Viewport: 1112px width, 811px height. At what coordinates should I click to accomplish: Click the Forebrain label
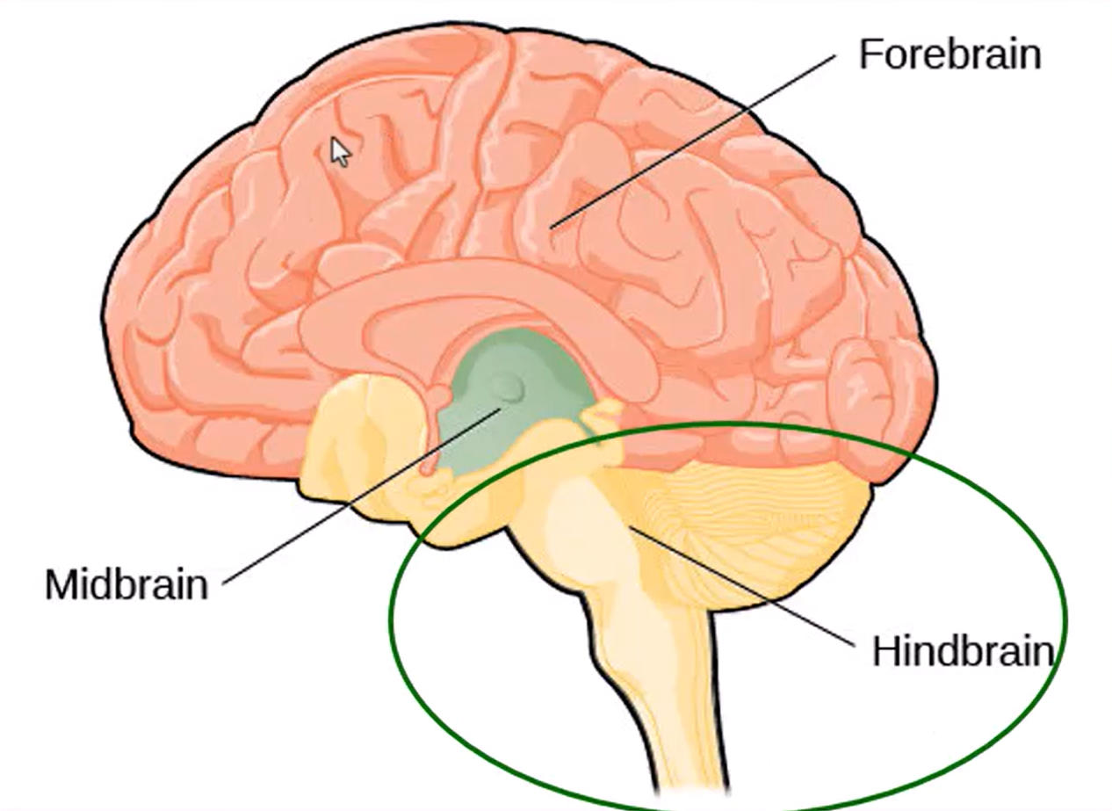(x=950, y=54)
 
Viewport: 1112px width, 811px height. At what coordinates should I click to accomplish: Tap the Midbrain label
(x=126, y=584)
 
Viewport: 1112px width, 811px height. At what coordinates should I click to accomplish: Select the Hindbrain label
(x=962, y=652)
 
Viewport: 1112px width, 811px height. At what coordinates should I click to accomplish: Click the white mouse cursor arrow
(x=339, y=151)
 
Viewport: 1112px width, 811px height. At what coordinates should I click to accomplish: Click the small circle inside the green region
(x=507, y=384)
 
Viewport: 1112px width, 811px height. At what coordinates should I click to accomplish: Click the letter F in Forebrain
(x=869, y=54)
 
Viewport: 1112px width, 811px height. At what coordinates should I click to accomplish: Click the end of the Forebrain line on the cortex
(x=552, y=227)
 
